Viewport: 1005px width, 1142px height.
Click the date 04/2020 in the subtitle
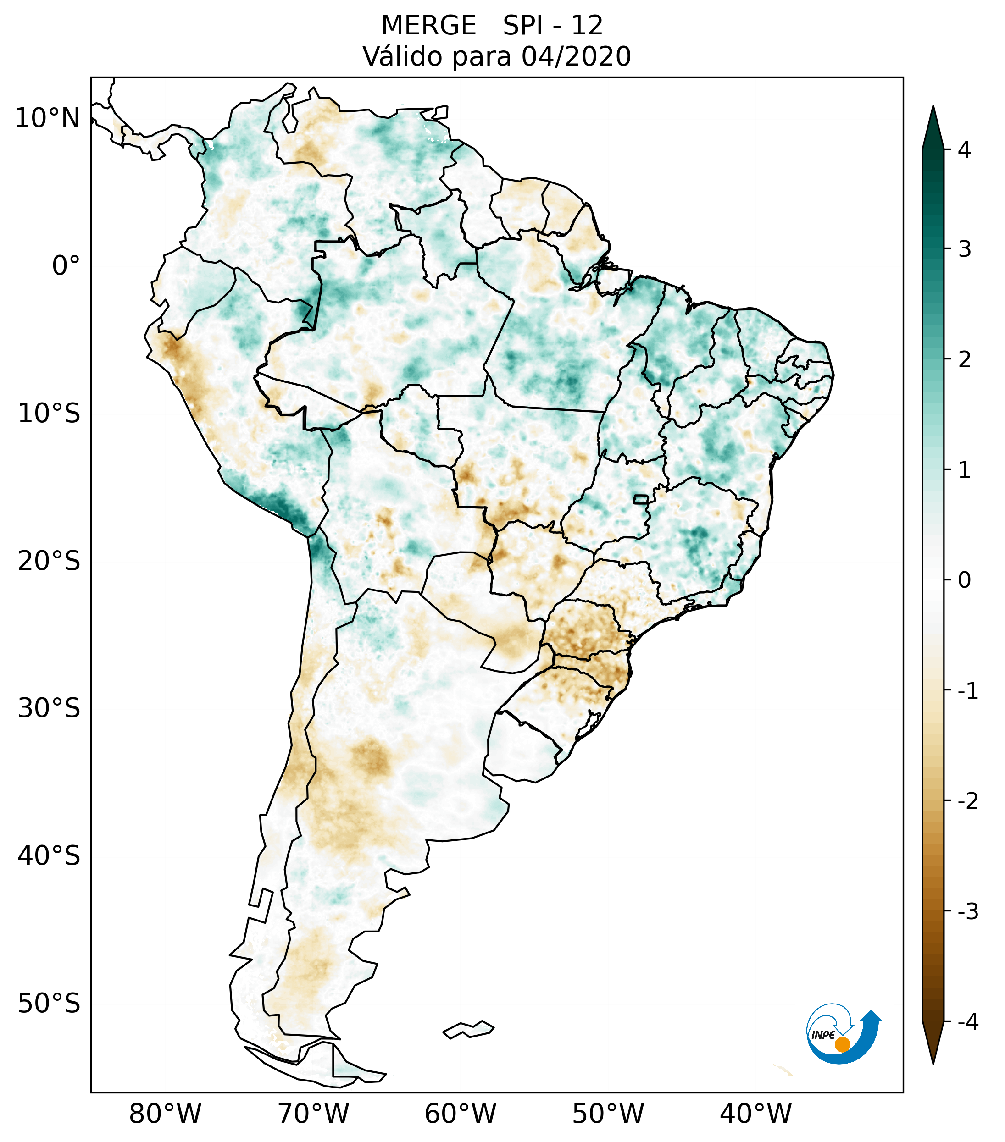coord(576,56)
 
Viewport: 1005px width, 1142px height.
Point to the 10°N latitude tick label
coord(47,118)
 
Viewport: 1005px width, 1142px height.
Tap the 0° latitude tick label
coord(66,266)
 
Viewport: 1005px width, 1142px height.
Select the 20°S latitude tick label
coord(49,561)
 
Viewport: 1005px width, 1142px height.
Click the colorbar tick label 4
coord(964,150)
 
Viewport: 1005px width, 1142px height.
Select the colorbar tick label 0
coord(964,580)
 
